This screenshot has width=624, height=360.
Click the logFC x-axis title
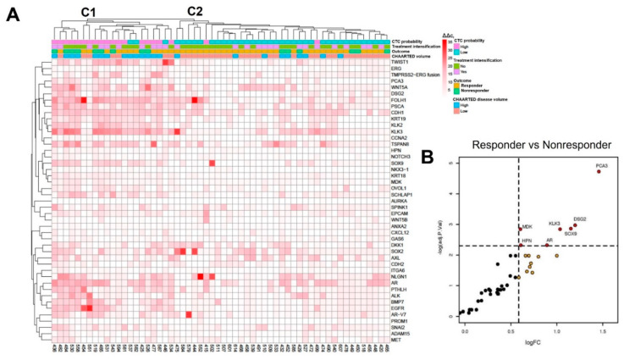(x=536, y=357)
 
